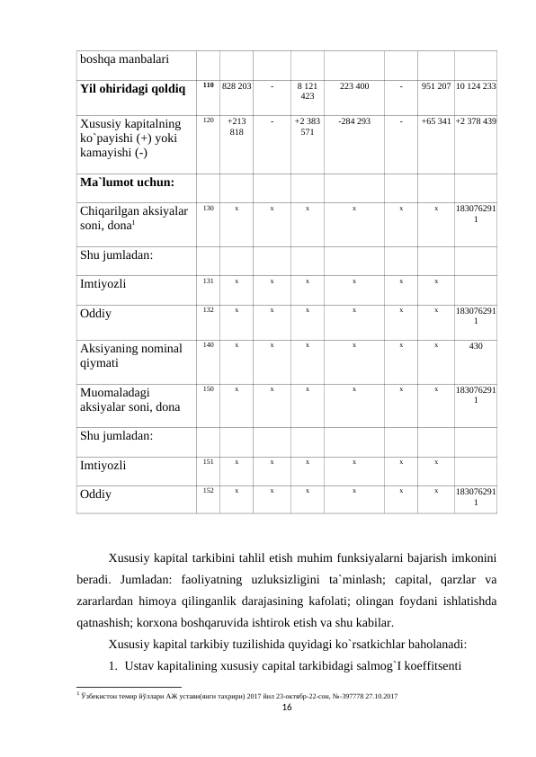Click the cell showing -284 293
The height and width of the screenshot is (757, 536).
point(353,120)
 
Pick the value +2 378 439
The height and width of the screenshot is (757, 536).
point(476,120)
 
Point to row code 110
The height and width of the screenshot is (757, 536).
point(207,85)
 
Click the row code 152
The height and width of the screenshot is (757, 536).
point(207,491)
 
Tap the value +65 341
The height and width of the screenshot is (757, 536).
point(435,120)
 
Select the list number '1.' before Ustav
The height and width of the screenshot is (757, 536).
point(113,666)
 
